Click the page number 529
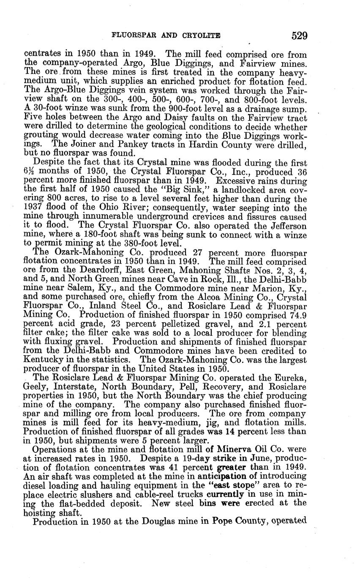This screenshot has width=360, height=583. (299, 35)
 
